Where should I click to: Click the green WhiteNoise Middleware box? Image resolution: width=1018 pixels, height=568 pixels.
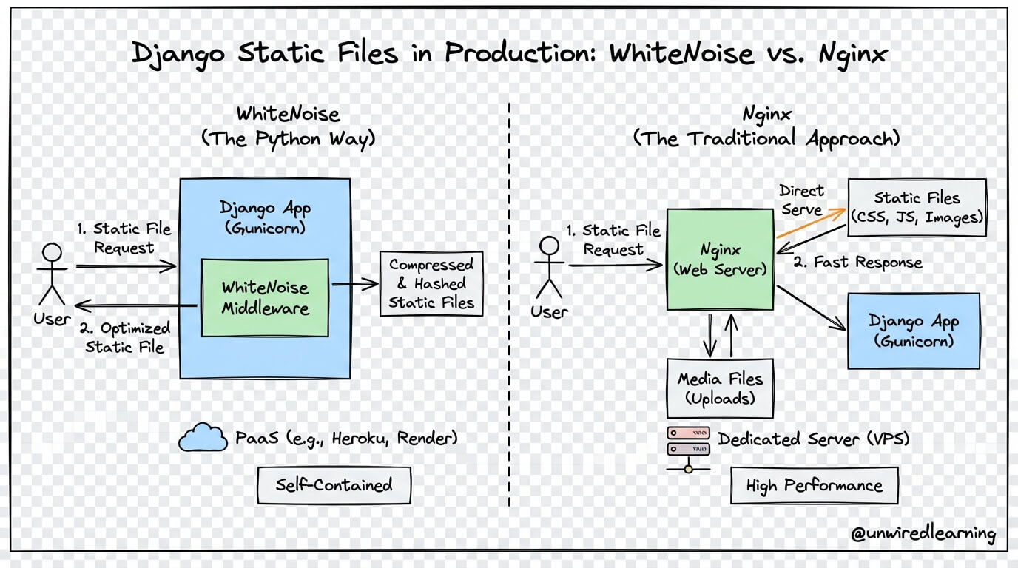[x=265, y=297]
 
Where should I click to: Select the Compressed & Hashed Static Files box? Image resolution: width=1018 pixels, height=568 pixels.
[x=431, y=284]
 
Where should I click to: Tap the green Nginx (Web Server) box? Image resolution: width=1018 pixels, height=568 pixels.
[x=720, y=259]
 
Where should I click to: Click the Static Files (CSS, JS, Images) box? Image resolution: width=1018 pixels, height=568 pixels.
[x=917, y=207]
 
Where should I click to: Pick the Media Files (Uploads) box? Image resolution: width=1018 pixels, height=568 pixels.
[x=720, y=388]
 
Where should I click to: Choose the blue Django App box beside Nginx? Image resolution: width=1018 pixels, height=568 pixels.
[x=913, y=331]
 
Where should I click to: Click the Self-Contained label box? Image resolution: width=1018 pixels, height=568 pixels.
[x=334, y=485]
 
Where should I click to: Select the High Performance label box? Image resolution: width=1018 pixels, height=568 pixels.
[x=814, y=486]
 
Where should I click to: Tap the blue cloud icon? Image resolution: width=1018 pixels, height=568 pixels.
[x=202, y=438]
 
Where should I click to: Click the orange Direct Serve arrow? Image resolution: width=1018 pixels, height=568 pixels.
[x=811, y=223]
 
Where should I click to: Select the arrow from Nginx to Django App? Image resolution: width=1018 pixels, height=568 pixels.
[x=811, y=307]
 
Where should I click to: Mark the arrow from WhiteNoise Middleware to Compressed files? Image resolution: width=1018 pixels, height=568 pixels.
[x=354, y=283]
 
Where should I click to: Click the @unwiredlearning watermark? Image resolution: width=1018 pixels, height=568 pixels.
[x=923, y=534]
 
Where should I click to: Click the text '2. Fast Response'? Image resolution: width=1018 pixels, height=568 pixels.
[x=857, y=263]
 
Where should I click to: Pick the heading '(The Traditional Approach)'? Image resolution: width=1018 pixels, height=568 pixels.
[x=766, y=138]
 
